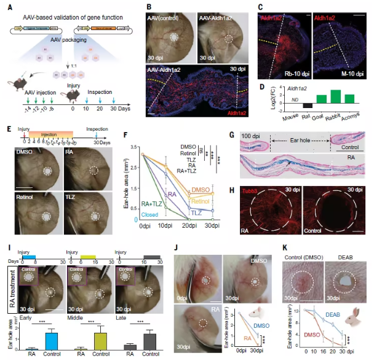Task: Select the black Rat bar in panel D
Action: click(308, 105)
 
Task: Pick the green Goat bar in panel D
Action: click(321, 98)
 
